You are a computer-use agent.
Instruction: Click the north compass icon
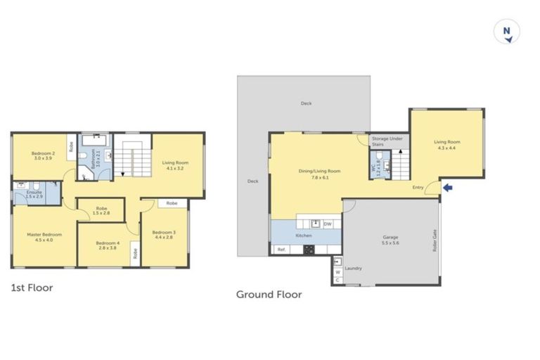(506, 32)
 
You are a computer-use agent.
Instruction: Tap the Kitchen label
(303, 235)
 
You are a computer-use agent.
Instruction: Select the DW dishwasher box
(328, 224)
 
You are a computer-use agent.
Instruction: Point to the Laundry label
(354, 268)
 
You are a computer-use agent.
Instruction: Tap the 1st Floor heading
(32, 288)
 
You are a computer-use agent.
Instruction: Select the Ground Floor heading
(269, 295)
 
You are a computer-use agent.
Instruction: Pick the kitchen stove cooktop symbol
(307, 250)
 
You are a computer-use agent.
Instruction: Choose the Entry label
(418, 187)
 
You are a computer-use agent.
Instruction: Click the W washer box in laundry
(337, 271)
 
